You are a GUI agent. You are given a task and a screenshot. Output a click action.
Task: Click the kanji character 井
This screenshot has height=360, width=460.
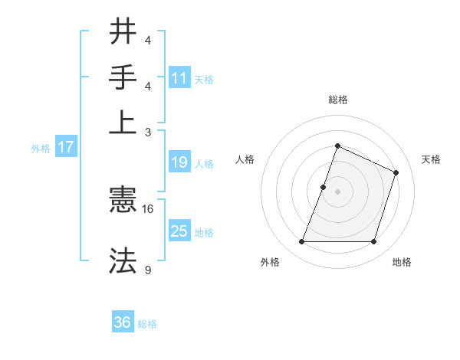(x=123, y=31)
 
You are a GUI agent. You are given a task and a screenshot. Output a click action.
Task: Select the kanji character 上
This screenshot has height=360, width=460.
(x=123, y=121)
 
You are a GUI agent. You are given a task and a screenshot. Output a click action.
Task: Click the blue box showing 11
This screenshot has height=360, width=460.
(x=179, y=77)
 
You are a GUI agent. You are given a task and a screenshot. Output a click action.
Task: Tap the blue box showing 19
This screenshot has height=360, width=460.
(x=179, y=162)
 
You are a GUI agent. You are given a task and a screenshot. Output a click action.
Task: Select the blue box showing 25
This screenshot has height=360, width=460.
(x=179, y=231)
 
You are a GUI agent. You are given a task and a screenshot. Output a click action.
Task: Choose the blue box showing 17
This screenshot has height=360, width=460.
(x=65, y=147)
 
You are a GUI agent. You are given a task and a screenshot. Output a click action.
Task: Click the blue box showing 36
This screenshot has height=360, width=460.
(x=123, y=322)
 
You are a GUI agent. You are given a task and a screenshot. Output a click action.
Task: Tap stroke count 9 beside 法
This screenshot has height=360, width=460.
(x=148, y=270)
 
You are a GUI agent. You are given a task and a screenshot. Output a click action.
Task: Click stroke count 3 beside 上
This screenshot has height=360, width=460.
(x=148, y=131)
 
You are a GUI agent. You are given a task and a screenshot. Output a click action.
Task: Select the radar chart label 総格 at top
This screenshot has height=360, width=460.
(x=337, y=100)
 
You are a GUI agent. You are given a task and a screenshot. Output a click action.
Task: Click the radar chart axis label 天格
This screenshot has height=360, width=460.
(x=432, y=159)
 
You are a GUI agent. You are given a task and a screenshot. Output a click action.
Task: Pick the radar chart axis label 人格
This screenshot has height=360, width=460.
(x=245, y=159)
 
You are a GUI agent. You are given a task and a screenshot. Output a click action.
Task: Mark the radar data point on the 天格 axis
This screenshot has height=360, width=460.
(x=396, y=172)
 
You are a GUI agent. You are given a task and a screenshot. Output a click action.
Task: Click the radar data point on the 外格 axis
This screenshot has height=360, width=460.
(x=301, y=242)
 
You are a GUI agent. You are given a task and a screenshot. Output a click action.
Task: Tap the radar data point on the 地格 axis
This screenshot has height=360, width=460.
(x=374, y=242)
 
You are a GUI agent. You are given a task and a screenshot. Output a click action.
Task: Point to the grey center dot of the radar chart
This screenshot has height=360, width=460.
(x=337, y=191)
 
